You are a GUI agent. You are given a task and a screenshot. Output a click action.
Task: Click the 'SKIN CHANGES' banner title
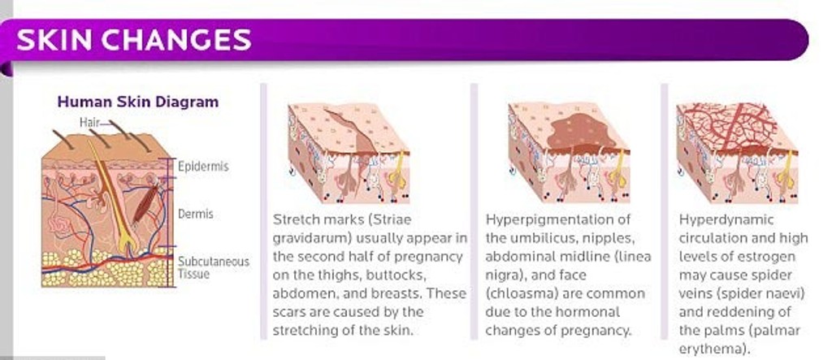(134, 39)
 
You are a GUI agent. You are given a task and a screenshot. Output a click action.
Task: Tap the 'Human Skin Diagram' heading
(138, 102)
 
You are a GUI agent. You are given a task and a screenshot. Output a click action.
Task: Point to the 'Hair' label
(89, 122)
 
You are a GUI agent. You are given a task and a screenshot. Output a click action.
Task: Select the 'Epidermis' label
(203, 167)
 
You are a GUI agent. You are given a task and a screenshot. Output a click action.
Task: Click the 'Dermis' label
(195, 214)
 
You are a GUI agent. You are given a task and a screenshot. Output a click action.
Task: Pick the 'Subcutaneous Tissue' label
(214, 267)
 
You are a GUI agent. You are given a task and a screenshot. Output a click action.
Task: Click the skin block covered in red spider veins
(737, 152)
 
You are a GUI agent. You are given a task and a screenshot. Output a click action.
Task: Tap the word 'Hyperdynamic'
(719, 220)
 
